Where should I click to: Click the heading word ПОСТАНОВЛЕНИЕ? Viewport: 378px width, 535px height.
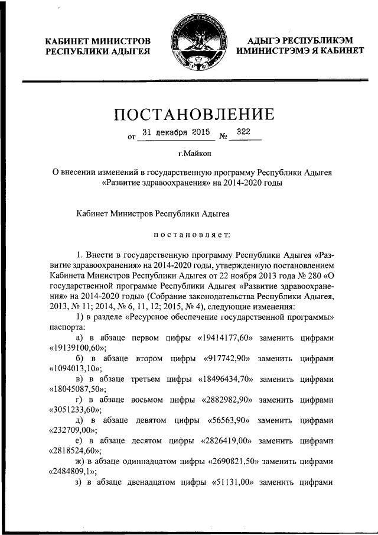[x=193, y=113]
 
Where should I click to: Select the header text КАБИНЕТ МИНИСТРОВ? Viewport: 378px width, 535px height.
[x=98, y=41]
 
